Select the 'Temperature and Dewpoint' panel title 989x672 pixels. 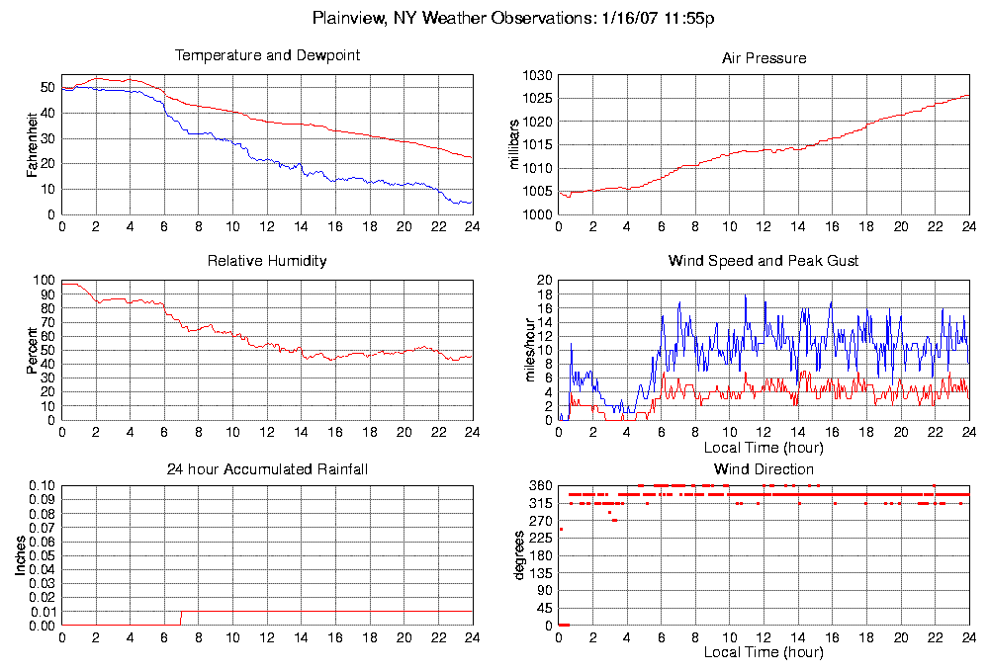267,55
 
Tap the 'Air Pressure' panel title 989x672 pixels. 764,58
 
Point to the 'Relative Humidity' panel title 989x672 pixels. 267,261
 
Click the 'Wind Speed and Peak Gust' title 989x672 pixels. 764,261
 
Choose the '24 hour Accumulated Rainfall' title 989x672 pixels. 267,468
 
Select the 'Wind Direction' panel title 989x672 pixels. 764,468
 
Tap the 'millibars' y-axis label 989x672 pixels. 513,144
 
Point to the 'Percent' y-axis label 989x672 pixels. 33,351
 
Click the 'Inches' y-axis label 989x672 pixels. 20,555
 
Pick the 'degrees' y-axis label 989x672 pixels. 518,555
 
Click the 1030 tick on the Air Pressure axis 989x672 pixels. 537,75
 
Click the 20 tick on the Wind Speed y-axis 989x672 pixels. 544,281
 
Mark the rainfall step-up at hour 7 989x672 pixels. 181,618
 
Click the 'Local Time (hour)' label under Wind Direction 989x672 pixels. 764,653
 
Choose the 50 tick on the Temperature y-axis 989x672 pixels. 47,87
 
